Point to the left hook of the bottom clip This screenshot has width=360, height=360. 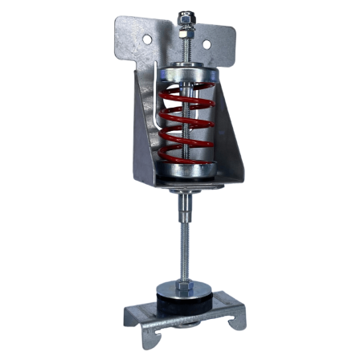(x=133, y=325)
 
